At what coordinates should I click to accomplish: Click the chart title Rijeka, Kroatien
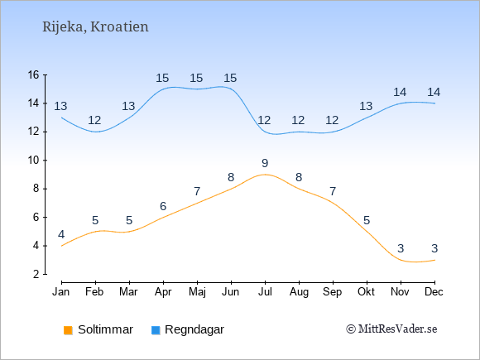(x=95, y=27)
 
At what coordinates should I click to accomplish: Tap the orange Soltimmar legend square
(x=68, y=330)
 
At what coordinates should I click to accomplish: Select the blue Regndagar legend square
(x=156, y=330)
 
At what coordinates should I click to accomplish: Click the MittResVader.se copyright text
(x=391, y=329)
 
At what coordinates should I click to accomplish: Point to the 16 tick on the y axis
(x=33, y=74)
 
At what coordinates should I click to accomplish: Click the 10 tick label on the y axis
(x=33, y=160)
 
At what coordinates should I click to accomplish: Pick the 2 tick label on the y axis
(x=36, y=274)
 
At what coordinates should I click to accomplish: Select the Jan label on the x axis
(x=61, y=292)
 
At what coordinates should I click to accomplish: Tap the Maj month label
(x=197, y=292)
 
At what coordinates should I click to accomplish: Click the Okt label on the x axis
(x=366, y=292)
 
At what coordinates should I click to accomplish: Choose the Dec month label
(x=434, y=292)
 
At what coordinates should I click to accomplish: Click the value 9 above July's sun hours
(x=265, y=163)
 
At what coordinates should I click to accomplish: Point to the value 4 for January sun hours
(x=61, y=234)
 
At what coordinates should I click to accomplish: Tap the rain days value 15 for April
(x=162, y=78)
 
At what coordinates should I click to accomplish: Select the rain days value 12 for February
(x=94, y=120)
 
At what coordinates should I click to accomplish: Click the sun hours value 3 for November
(x=401, y=248)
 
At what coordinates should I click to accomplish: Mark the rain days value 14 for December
(x=434, y=92)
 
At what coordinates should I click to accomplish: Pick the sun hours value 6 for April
(x=163, y=206)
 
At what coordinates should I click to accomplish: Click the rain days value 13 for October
(x=366, y=106)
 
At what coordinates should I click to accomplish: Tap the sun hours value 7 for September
(x=333, y=192)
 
